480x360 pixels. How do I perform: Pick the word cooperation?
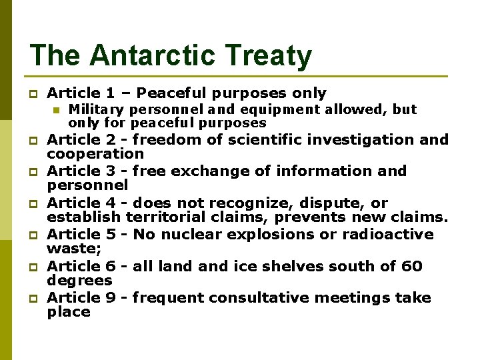[x=95, y=153]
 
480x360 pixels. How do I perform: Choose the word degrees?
[x=79, y=281]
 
